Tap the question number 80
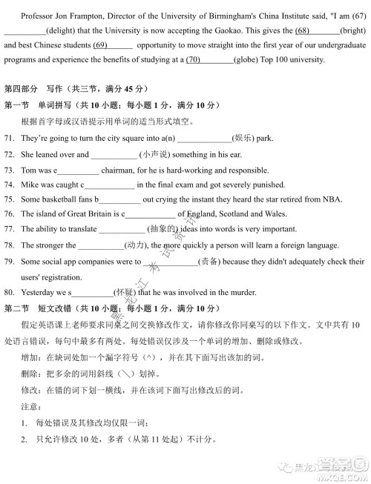pos(10,293)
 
